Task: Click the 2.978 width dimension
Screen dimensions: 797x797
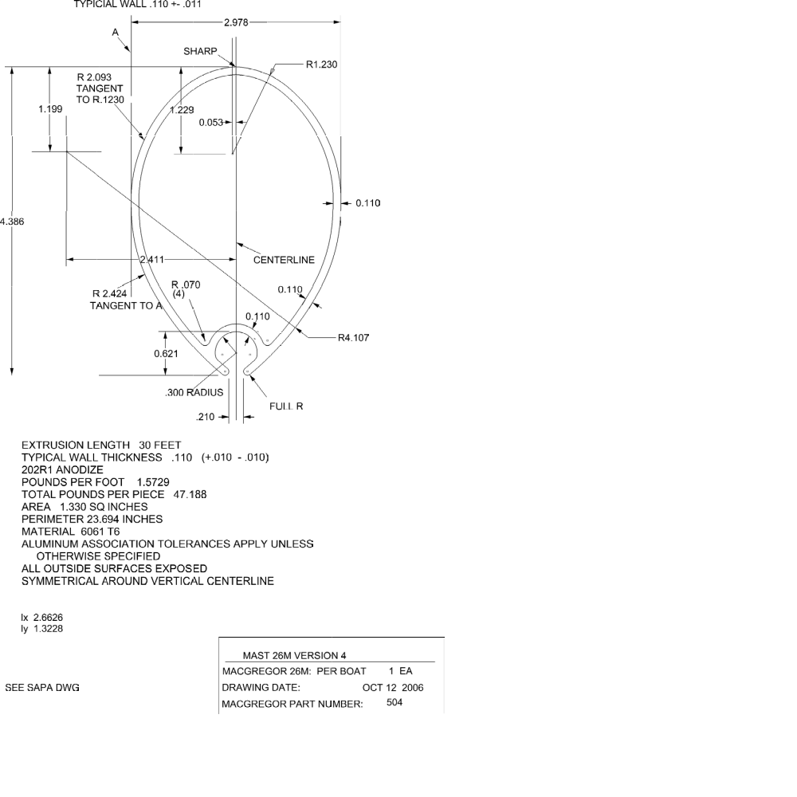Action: [x=237, y=22]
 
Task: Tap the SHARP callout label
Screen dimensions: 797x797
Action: [x=200, y=52]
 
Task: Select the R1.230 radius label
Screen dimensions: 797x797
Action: [x=321, y=64]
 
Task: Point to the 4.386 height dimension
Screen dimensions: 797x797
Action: [x=11, y=222]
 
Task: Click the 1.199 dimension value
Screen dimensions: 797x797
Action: [x=50, y=108]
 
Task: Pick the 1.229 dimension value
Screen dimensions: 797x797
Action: [x=182, y=110]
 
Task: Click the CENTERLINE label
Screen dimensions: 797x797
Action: [x=284, y=260]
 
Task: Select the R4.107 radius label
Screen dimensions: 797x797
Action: [x=354, y=337]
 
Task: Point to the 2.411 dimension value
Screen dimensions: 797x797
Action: [x=151, y=259]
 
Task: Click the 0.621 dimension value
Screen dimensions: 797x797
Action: [x=166, y=353]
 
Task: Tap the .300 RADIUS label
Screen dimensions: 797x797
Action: [x=194, y=392]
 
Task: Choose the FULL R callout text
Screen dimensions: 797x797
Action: [x=286, y=406]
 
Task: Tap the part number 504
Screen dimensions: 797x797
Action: [x=394, y=702]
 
